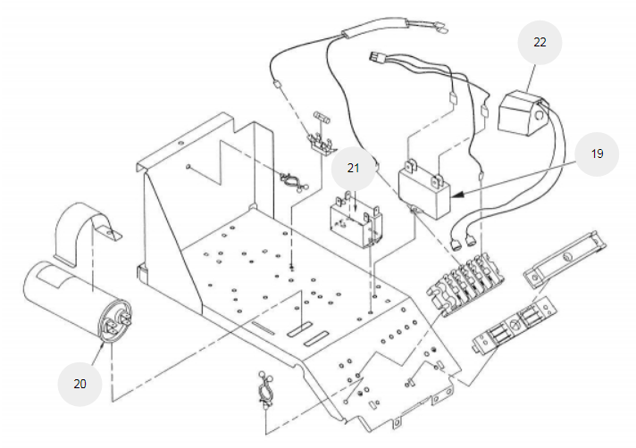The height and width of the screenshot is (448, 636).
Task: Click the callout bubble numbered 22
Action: tap(540, 43)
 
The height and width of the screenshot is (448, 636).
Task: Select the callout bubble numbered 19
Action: tap(597, 153)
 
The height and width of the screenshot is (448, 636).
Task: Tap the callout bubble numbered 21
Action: tap(353, 168)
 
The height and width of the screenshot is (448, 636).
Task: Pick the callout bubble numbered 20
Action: tap(79, 384)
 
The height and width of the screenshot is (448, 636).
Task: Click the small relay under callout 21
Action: tap(356, 220)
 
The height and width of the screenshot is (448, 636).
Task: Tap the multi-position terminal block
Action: tap(465, 284)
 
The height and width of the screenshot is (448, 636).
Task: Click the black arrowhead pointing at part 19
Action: tap(457, 195)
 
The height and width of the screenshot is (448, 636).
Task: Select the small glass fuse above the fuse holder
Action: tap(322, 118)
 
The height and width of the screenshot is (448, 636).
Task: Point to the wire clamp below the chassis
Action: tap(265, 390)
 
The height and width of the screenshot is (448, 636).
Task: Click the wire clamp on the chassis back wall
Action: tap(293, 181)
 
